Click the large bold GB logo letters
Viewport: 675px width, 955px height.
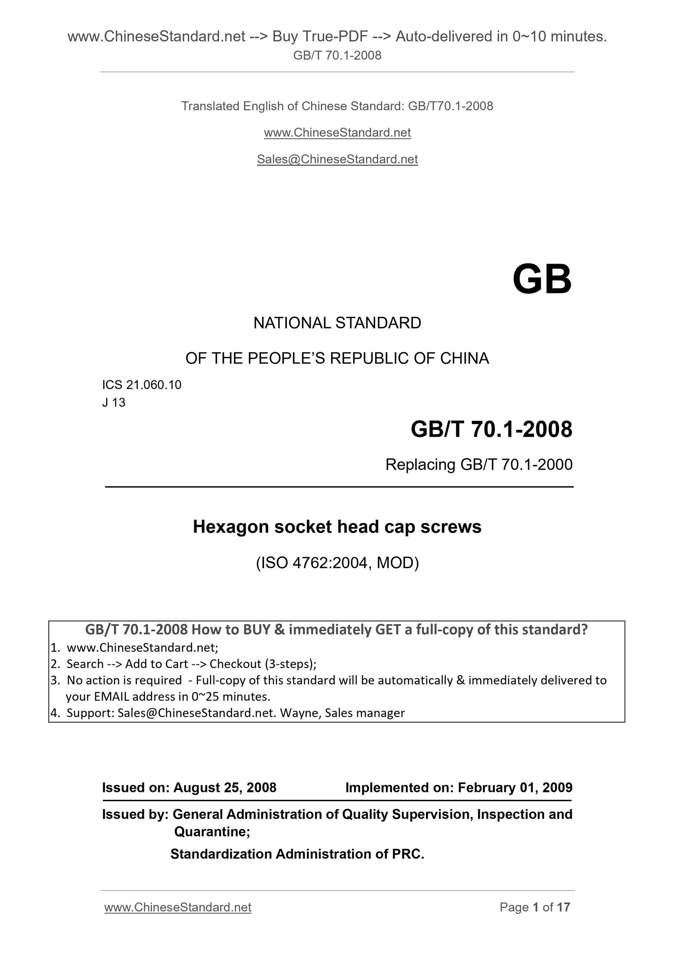(542, 279)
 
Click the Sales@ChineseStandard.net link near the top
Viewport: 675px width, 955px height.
(337, 159)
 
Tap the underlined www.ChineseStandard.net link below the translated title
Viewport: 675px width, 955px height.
(337, 133)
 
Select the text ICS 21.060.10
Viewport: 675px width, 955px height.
(142, 385)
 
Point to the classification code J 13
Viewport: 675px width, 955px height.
(114, 402)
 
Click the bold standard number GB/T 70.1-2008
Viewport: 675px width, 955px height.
(491, 429)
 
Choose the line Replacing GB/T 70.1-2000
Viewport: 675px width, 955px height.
(479, 464)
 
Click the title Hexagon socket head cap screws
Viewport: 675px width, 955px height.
(337, 527)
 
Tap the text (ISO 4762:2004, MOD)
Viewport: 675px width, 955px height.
(337, 563)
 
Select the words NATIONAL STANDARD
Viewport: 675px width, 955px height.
(337, 323)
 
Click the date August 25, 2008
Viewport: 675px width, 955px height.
(225, 788)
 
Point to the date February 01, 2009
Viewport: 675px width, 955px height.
(515, 788)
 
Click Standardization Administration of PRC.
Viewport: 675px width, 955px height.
(297, 854)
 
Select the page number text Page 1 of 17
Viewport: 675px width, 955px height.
(535, 907)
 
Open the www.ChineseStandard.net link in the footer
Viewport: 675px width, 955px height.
(178, 907)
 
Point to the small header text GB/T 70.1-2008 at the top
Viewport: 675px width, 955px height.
(337, 56)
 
